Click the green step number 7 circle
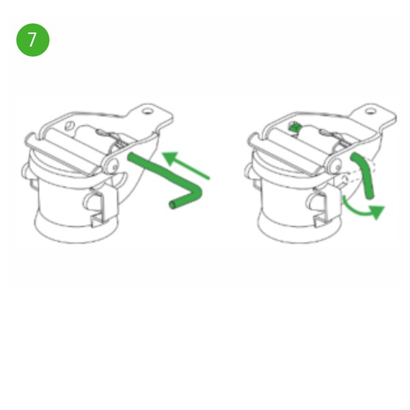point(33,40)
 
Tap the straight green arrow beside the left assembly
point(186,165)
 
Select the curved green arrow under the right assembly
point(359,213)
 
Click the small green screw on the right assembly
point(294,127)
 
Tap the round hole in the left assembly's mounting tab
point(148,111)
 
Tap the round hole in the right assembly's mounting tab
point(370,111)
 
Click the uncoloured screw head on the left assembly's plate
point(70,126)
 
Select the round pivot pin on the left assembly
point(114,167)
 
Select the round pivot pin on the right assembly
point(338,167)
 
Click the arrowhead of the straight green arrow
point(170,158)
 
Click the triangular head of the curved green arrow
point(377,212)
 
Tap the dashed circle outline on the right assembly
point(344,179)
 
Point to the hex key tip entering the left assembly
point(131,157)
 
